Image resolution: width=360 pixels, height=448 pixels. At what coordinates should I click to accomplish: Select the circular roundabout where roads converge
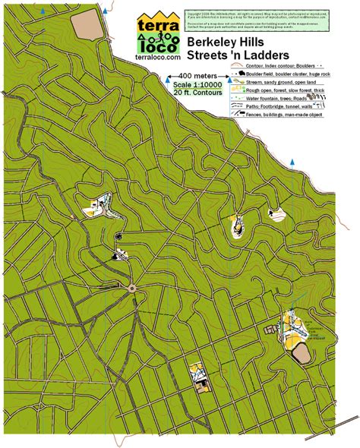click(131, 288)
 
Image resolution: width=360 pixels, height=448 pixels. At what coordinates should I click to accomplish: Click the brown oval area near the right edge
click(300, 354)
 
